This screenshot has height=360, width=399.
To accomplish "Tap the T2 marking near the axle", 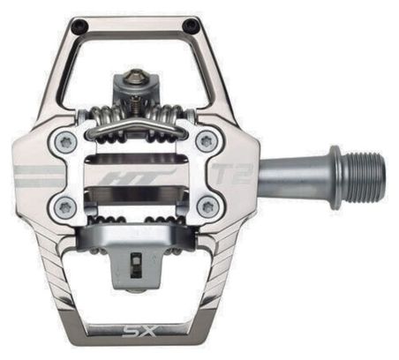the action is click(232, 174).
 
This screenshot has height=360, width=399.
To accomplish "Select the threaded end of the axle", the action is click(365, 179).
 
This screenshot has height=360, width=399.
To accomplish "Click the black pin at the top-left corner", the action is click(80, 26).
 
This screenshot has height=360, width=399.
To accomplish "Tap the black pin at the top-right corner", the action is click(190, 26).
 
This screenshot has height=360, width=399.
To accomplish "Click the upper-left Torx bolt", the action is click(65, 142).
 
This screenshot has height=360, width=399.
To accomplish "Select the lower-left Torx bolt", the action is click(65, 207).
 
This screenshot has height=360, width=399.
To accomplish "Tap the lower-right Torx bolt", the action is click(208, 207).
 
